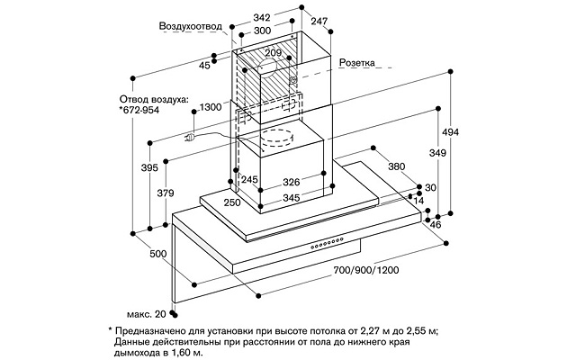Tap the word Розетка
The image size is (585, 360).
[357, 64]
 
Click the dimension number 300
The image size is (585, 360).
[262, 31]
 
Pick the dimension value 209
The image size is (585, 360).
[274, 53]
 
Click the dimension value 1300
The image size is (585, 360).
[210, 108]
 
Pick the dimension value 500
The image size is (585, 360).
[158, 255]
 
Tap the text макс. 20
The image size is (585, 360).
[147, 313]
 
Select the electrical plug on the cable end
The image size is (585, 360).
[191, 139]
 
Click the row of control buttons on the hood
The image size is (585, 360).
[327, 244]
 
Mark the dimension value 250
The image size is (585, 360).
[231, 203]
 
